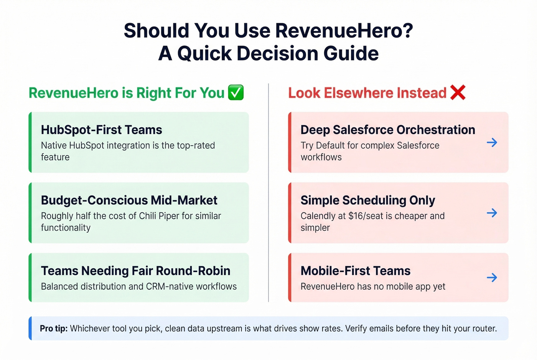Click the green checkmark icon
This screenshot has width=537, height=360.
[x=236, y=93]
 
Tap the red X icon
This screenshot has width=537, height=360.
[x=458, y=92]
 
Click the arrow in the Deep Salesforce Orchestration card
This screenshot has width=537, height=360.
[x=492, y=143]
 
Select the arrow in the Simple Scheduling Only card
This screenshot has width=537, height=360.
[x=492, y=213]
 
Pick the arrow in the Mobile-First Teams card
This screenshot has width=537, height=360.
[x=492, y=278]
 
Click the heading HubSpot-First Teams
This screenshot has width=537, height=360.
[x=101, y=130]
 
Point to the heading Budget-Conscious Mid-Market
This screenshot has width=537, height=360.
[x=129, y=201]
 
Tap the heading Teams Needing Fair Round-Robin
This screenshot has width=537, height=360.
[x=135, y=271]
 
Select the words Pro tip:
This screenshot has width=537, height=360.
[x=53, y=329]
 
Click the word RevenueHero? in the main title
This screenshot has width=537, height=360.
[x=344, y=31]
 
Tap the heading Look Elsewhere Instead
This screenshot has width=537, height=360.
[x=367, y=93]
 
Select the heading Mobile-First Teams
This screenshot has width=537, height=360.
[x=355, y=271]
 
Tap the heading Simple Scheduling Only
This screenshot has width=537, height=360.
[x=367, y=201]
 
